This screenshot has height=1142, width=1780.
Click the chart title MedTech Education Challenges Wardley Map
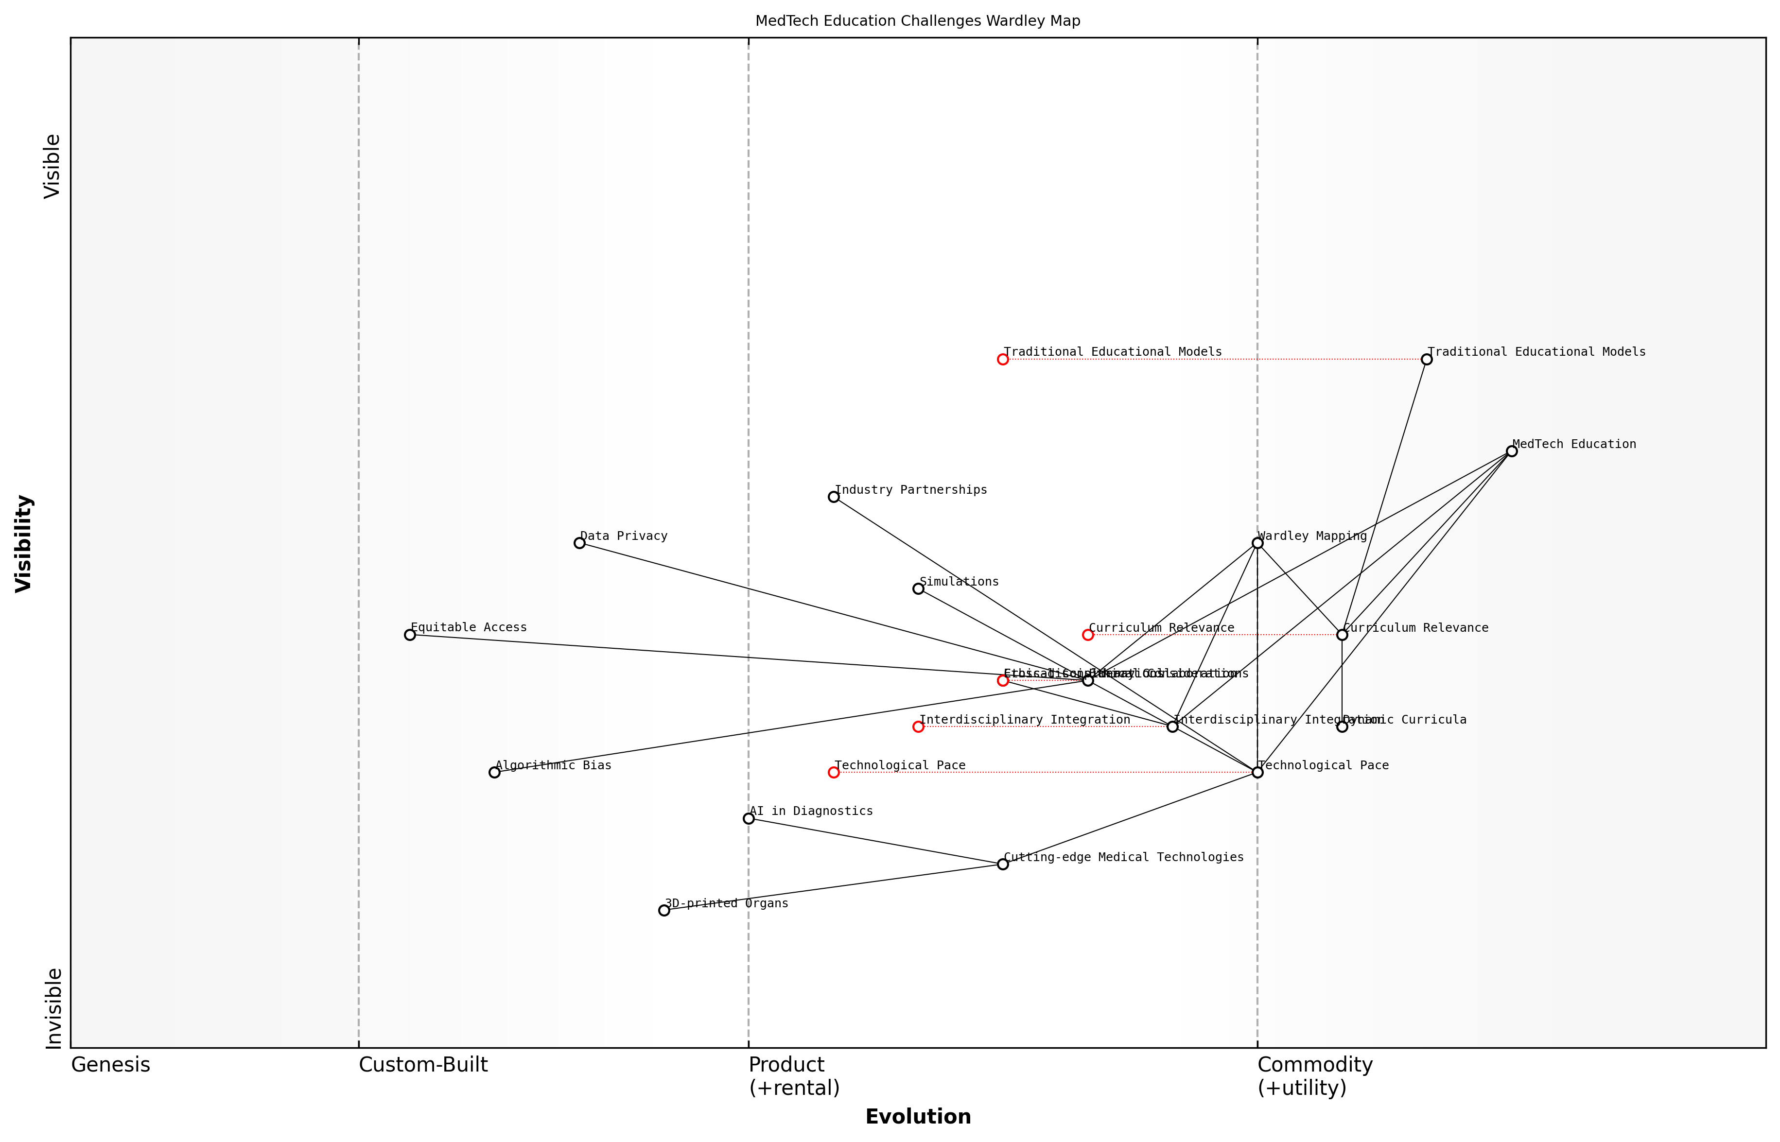coord(917,21)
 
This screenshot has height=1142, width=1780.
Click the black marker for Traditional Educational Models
coord(1426,359)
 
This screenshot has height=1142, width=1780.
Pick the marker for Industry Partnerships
coord(834,497)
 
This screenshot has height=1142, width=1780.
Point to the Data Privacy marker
coord(579,543)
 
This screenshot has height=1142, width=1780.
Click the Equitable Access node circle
coord(409,635)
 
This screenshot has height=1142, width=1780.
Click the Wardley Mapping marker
coord(1257,543)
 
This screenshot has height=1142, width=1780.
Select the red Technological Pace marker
coord(834,772)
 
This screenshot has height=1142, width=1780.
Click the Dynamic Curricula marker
coord(1342,727)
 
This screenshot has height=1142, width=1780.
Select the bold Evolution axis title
coord(917,1117)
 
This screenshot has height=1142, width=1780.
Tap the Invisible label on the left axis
coord(52,1008)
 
